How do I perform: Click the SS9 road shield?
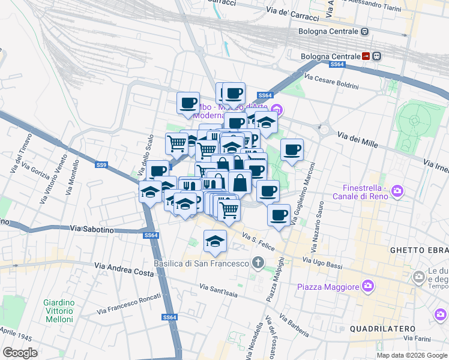coord(101,164)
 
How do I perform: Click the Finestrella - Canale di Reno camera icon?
coord(397,191)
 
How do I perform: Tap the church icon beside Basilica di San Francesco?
coord(258,263)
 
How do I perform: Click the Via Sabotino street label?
coord(92,229)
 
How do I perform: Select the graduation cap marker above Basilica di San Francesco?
coord(215,241)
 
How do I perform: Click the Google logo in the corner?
coord(20,353)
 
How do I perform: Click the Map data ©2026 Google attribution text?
coord(411,355)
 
